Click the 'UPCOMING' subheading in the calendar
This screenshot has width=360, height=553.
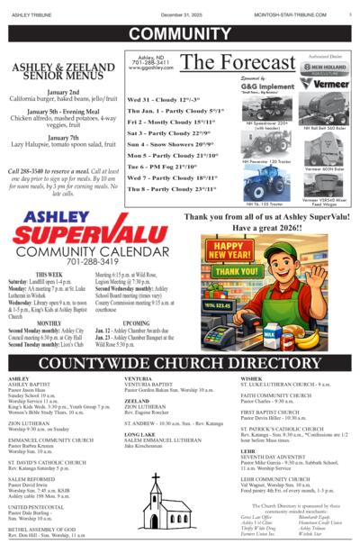click(x=136, y=322)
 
